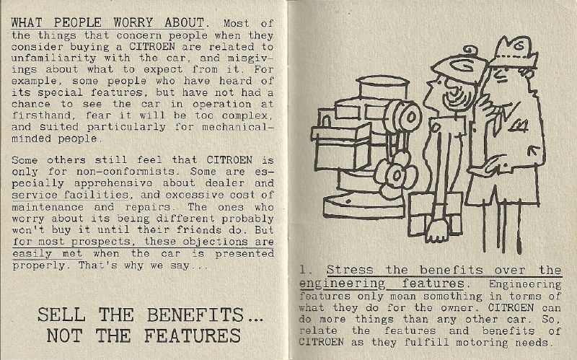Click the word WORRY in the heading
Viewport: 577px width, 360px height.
point(133,22)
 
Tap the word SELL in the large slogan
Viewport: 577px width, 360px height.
point(61,315)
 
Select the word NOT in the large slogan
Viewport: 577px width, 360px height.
point(64,335)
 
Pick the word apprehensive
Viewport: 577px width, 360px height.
point(113,183)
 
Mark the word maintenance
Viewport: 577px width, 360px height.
point(48,207)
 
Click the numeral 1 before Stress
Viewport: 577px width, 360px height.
point(303,270)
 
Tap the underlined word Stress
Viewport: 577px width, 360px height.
point(350,270)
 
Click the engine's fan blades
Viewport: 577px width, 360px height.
point(396,174)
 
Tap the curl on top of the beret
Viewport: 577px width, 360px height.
point(470,52)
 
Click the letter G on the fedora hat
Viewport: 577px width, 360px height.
point(519,46)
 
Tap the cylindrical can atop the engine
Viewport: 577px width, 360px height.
point(382,87)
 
